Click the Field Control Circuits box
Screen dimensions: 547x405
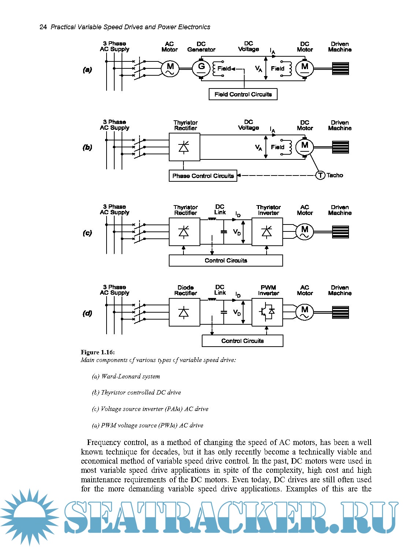pos(243,94)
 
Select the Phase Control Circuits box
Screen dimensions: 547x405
pos(203,176)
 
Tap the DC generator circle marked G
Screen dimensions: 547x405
pos(201,68)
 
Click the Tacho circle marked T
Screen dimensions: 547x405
pos(320,176)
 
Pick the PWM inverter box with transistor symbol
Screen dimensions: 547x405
pos(267,312)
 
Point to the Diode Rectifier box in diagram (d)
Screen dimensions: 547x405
pos(184,312)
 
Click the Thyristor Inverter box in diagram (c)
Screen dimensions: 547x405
pos(267,232)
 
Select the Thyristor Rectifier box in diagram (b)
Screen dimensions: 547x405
pos(184,147)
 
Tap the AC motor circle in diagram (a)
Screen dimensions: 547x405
pos(170,68)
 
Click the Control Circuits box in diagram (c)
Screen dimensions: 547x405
pos(226,260)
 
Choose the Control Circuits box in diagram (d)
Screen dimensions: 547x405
pos(242,341)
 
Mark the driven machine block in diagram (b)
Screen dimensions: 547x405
pos(341,147)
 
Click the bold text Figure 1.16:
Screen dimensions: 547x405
pos(98,352)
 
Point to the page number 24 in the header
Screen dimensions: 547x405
pos(43,27)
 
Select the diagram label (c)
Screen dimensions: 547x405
pos(87,233)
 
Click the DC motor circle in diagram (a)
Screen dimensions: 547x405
pos(305,68)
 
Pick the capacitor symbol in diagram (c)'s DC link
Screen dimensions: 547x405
pos(224,232)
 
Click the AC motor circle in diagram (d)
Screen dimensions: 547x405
pos(305,312)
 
